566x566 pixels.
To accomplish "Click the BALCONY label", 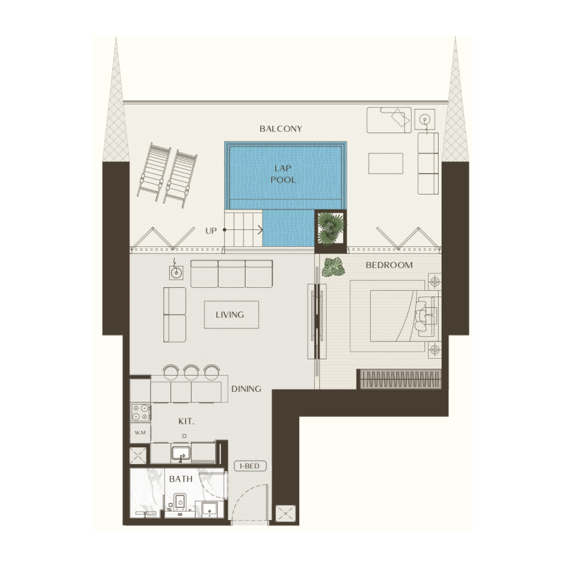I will point(281,129).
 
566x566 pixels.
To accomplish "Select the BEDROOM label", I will point(388,265).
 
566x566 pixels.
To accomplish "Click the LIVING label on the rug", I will point(231,315).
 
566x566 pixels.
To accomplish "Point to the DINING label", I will point(246,388).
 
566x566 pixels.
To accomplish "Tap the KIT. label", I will point(186,421).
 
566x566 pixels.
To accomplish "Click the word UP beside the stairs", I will point(211,231).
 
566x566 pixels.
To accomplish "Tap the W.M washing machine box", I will point(139,432).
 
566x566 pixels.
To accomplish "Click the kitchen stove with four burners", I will point(139,412).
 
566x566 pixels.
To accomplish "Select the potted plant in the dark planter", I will point(330,228).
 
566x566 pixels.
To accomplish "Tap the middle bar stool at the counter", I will point(191,371).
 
